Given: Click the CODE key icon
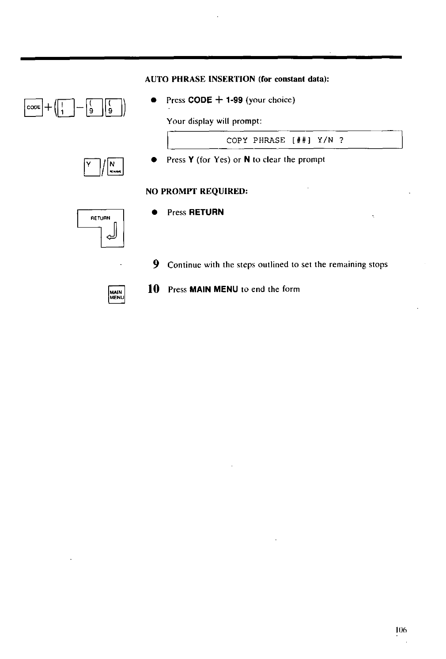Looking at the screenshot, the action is click(34, 108).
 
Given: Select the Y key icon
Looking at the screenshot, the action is click(91, 166).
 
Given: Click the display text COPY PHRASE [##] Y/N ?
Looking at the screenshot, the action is click(285, 140).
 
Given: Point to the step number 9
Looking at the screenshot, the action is click(156, 264).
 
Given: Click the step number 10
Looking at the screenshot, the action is click(153, 289).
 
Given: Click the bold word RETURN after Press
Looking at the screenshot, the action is click(206, 212).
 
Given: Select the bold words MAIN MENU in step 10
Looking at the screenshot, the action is click(214, 289).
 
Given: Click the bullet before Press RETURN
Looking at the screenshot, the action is click(155, 212).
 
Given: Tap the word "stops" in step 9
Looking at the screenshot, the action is click(378, 265).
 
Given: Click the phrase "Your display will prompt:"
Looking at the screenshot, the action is click(215, 121).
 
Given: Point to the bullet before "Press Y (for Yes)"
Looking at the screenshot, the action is click(154, 160).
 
